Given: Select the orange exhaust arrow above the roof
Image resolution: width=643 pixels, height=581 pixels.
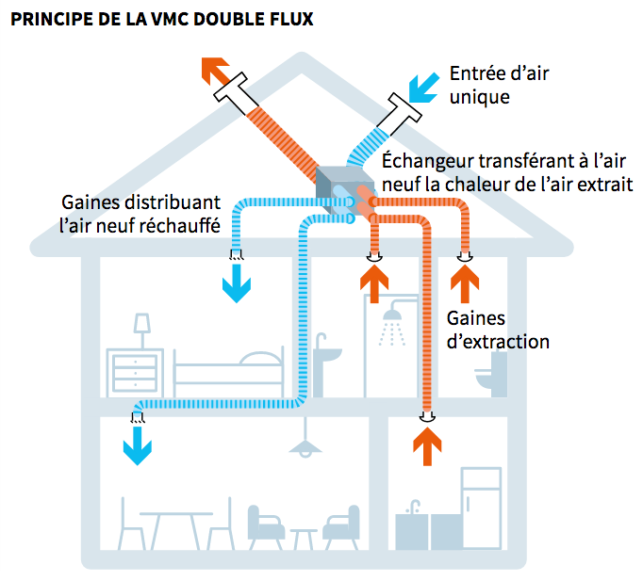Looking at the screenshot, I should click(216, 72).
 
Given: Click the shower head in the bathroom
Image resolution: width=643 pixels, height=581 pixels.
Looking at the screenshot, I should click(389, 330).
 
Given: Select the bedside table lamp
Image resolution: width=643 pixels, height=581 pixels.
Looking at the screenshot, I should click(142, 329).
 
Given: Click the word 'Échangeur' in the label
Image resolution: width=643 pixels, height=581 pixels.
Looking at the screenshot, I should click(425, 160).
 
